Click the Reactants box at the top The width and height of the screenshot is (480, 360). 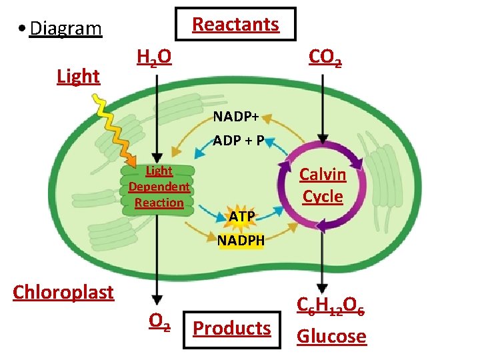pos(235,25)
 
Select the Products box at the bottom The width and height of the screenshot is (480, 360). pos(231,328)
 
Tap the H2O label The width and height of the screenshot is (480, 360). pos(153,59)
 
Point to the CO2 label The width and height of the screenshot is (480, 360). pos(325,59)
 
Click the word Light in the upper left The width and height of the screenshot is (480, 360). pos(78,77)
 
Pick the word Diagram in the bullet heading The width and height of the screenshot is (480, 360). pos(65,29)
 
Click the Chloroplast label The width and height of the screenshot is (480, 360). pos(63,292)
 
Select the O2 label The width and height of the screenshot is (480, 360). pos(159,322)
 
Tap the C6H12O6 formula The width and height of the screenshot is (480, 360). pos(331,307)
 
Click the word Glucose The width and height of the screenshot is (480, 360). pos(331,336)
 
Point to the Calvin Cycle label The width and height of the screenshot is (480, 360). pos(323,185)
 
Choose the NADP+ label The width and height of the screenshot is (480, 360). pos(236,117)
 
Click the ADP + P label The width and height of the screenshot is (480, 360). pos(239,141)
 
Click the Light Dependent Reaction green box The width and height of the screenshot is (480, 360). pos(159,187)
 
